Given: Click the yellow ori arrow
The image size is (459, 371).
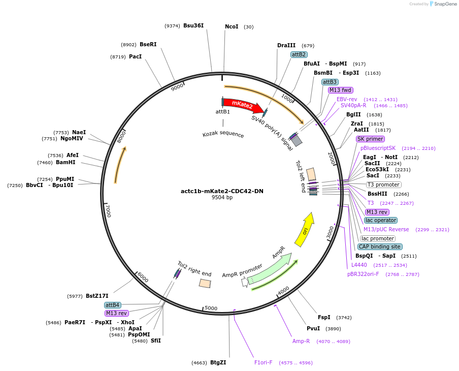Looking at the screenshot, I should click(x=305, y=230).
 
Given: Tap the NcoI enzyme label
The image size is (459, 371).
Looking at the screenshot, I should click(x=232, y=26).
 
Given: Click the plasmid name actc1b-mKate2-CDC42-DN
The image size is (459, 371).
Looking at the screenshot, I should click(x=222, y=191).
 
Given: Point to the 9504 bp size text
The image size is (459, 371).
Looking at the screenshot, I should click(x=222, y=198).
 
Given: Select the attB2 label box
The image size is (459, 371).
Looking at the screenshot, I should click(x=299, y=54).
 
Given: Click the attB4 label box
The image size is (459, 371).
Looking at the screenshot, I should click(x=112, y=305).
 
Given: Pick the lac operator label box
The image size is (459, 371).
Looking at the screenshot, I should click(x=380, y=220).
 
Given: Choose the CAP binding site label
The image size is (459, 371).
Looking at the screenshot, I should click(x=380, y=246).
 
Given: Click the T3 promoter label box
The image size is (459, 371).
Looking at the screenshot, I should click(x=383, y=184).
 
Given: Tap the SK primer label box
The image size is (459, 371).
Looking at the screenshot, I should click(x=370, y=139).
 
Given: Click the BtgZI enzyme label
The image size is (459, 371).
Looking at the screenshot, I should click(x=218, y=362).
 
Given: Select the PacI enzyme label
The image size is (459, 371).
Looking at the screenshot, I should click(x=135, y=56).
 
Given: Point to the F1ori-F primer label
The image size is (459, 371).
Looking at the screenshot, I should click(x=263, y=362).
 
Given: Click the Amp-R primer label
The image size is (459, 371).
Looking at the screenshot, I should click(x=301, y=341).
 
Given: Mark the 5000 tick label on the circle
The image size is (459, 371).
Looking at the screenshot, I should click(x=211, y=308).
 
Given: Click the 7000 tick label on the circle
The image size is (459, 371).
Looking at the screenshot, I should click(x=108, y=210).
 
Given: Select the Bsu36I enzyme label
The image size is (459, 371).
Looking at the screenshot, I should click(x=193, y=25).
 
